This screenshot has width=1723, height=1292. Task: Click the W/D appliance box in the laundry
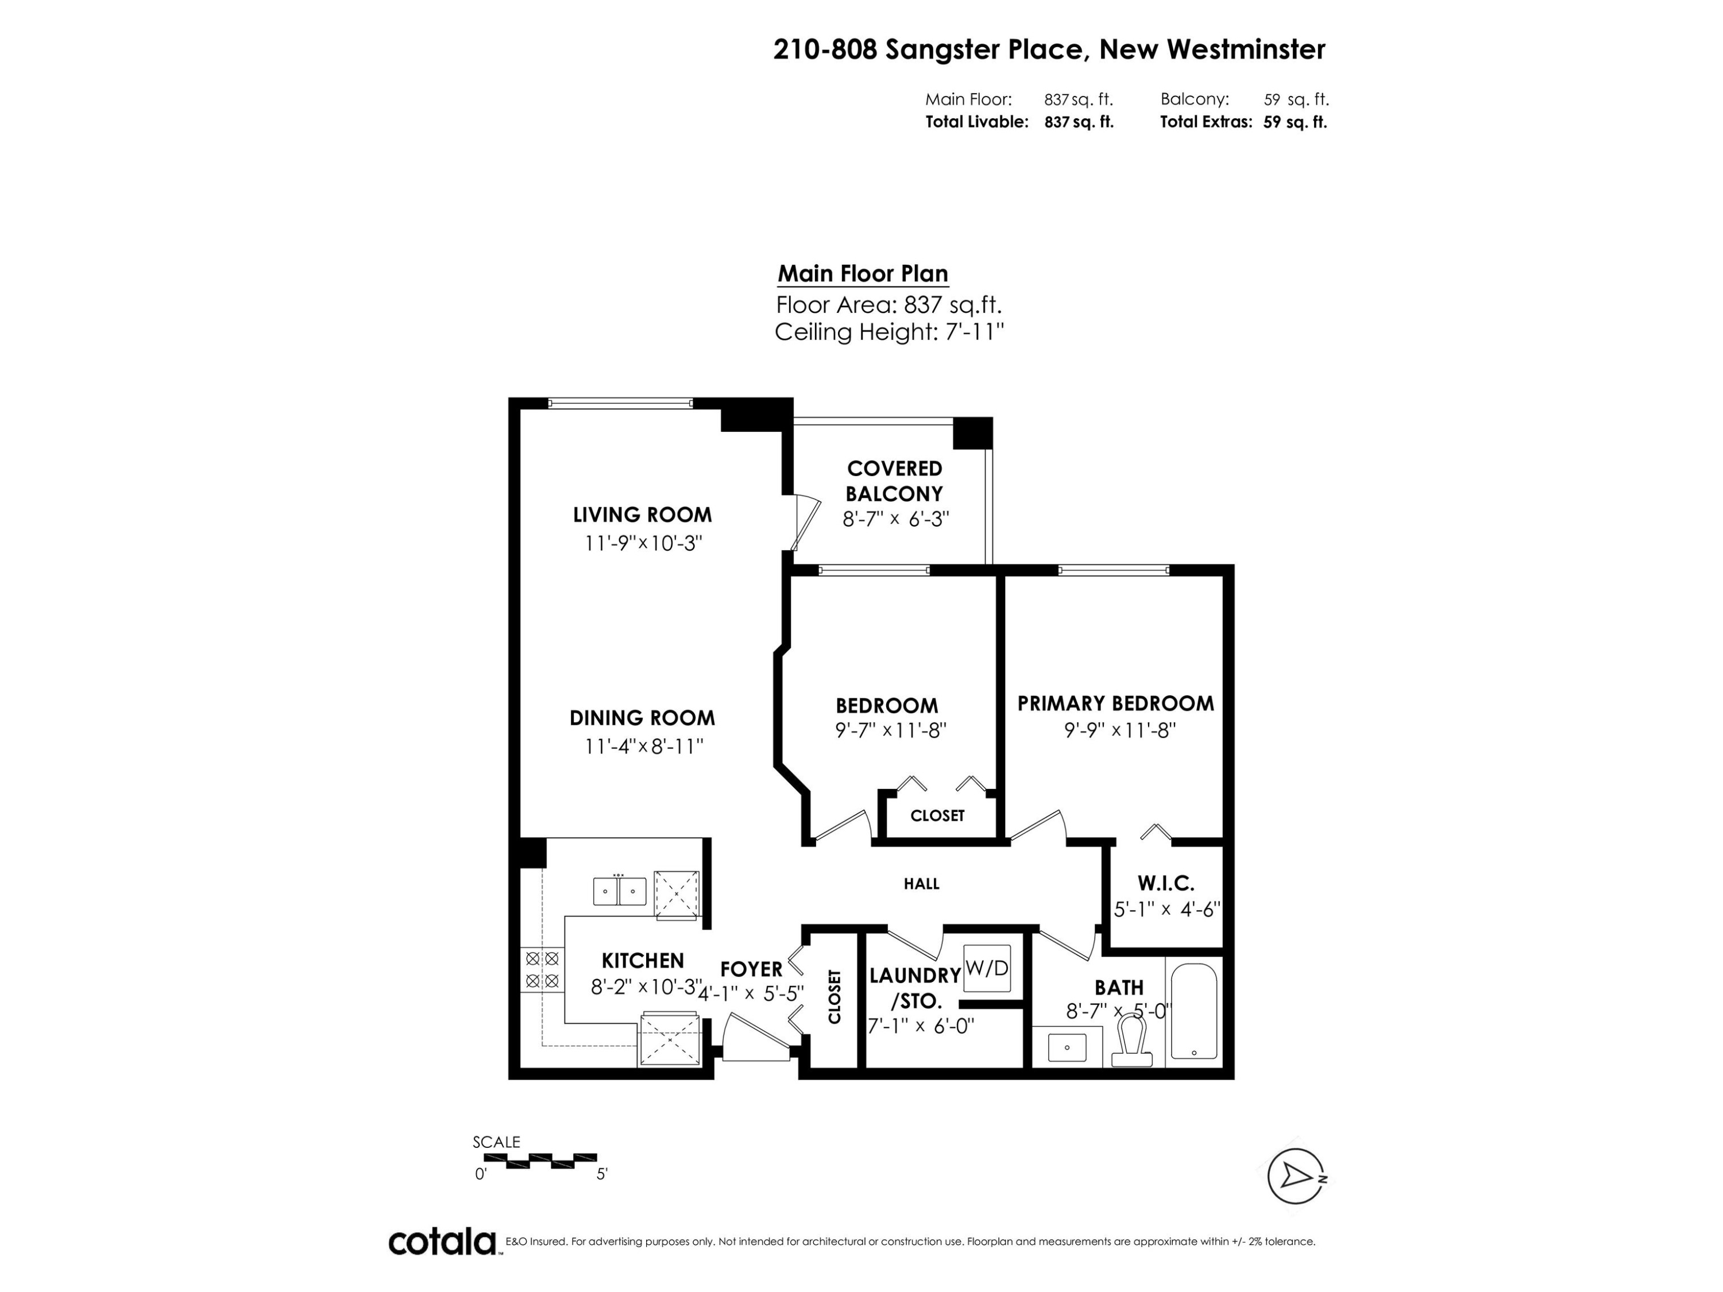(987, 968)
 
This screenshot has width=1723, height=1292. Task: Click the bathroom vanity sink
(1067, 1047)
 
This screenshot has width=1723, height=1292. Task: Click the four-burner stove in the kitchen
(542, 970)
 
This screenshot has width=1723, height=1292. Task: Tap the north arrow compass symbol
(1296, 1176)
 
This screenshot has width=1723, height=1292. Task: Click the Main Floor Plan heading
(862, 274)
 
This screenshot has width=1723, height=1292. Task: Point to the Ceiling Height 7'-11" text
(888, 332)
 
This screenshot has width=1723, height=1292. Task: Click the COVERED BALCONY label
(894, 481)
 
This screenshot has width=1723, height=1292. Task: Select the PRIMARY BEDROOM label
(1115, 703)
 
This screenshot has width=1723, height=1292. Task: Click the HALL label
(921, 884)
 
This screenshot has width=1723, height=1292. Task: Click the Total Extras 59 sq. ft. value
(1295, 122)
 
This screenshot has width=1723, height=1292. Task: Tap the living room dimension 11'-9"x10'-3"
(643, 543)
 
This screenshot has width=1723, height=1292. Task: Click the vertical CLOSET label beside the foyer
(835, 996)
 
